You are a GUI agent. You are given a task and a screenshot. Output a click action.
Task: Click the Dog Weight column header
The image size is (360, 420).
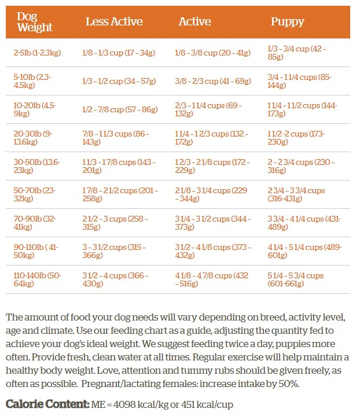35,22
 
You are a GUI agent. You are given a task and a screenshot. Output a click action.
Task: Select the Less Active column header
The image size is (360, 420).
114,22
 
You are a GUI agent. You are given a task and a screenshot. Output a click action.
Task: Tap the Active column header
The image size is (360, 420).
195,22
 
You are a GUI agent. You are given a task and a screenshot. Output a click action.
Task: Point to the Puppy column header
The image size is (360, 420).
287,22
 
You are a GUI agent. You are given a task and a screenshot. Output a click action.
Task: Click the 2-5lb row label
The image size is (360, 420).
37,53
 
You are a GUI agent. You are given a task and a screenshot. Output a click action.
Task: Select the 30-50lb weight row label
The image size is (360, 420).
37,166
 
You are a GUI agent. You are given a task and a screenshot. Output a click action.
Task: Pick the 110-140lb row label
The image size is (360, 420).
38,279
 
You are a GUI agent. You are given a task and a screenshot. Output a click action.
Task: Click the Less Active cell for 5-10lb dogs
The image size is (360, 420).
119,81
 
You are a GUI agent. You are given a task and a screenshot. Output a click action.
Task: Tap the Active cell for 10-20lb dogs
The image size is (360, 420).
208,109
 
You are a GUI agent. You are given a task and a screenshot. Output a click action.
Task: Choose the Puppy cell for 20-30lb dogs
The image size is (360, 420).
296,138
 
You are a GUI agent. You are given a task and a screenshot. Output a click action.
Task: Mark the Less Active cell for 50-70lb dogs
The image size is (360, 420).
120,194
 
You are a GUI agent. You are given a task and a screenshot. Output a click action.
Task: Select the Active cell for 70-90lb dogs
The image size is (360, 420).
213,223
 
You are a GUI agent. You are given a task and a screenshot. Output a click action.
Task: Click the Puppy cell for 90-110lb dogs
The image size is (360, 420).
304,251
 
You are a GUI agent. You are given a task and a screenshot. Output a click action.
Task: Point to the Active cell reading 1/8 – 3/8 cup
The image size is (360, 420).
213,53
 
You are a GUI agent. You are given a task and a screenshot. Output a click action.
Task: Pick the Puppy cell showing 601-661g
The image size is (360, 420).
295,279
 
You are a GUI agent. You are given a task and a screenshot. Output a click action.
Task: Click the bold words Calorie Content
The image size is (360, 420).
47,404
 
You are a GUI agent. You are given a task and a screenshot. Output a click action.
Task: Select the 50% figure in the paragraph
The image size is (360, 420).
289,384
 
